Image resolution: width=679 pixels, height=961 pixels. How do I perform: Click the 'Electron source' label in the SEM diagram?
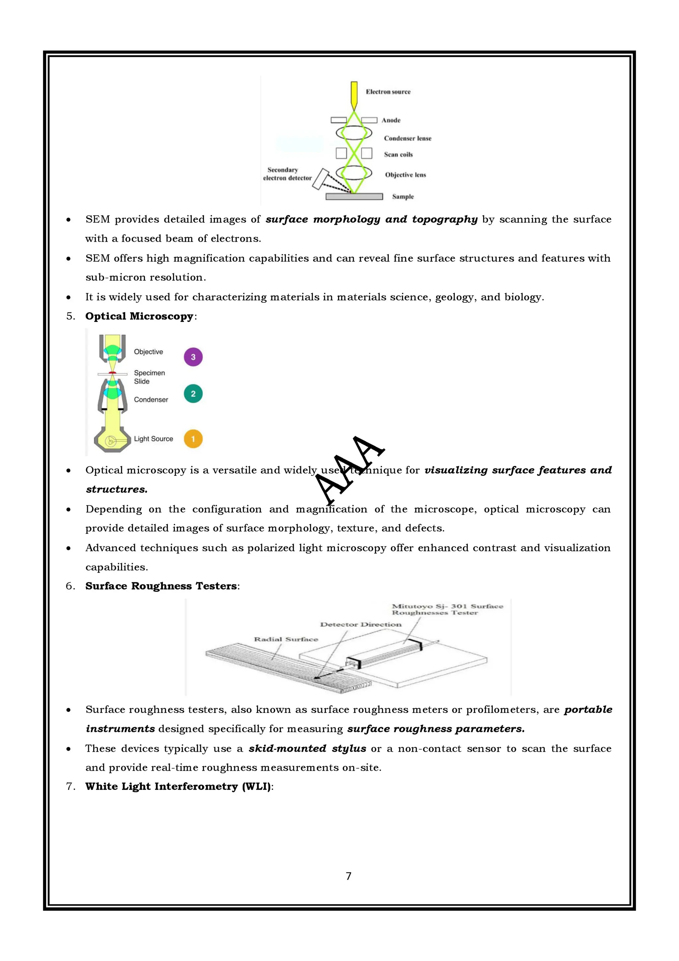click(x=388, y=92)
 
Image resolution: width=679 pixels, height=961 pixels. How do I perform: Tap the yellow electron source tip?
click(x=354, y=94)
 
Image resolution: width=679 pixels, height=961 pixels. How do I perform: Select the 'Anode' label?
click(x=391, y=120)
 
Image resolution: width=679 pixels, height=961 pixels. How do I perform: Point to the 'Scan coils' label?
click(x=398, y=155)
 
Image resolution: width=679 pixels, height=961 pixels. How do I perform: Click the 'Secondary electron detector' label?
click(x=287, y=174)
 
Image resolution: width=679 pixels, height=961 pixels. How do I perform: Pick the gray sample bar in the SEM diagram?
click(x=354, y=196)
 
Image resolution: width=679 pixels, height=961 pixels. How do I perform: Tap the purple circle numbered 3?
click(x=193, y=357)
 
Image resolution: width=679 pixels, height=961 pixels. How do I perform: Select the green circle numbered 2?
click(x=193, y=393)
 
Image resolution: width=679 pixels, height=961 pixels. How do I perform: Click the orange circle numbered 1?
click(x=193, y=439)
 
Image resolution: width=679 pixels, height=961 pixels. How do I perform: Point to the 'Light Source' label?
click(x=153, y=439)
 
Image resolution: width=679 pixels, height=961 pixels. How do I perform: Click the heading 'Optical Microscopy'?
click(x=139, y=316)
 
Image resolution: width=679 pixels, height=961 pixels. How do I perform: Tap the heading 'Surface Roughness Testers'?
click(x=161, y=586)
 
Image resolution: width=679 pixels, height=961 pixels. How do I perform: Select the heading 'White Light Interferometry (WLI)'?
click(x=178, y=786)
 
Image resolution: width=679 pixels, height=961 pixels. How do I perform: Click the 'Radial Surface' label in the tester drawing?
click(x=286, y=639)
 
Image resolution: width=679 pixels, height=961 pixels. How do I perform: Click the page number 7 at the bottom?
click(x=348, y=876)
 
